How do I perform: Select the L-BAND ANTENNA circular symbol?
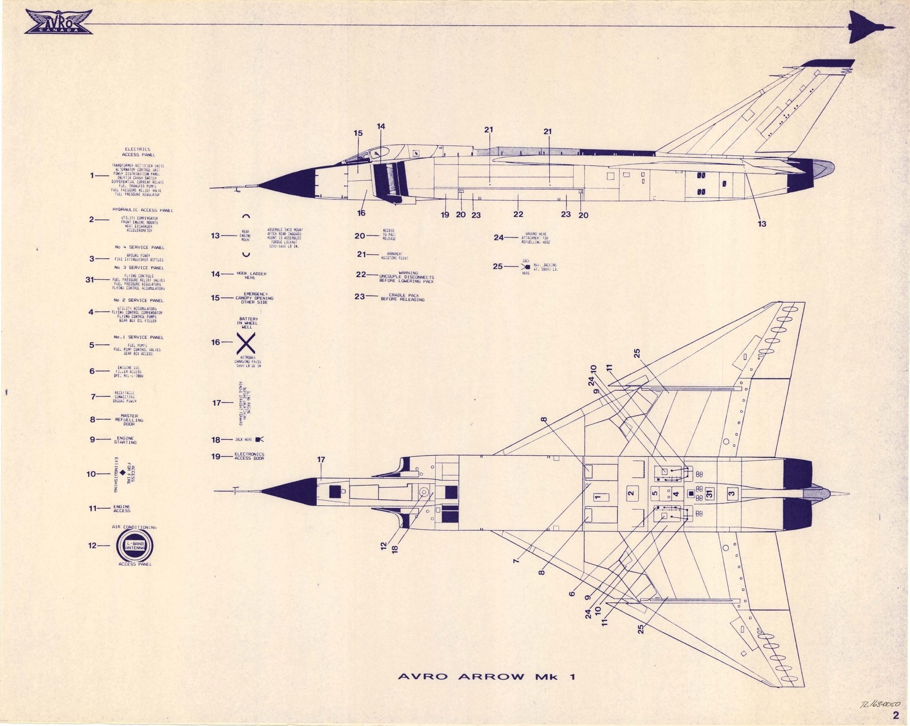pyautogui.click(x=134, y=546)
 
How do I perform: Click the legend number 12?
pyautogui.click(x=93, y=546)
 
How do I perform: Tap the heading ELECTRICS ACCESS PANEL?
pyautogui.click(x=138, y=152)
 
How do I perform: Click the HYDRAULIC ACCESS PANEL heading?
pyautogui.click(x=143, y=210)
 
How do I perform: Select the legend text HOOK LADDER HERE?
pyautogui.click(x=251, y=275)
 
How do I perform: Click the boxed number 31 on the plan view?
pyautogui.click(x=711, y=493)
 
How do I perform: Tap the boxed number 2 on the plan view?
pyautogui.click(x=630, y=493)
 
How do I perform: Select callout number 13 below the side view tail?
pyautogui.click(x=762, y=224)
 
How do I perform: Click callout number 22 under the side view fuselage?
pyautogui.click(x=518, y=214)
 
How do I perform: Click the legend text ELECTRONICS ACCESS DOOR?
pyautogui.click(x=249, y=456)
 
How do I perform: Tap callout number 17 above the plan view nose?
pyautogui.click(x=321, y=460)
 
